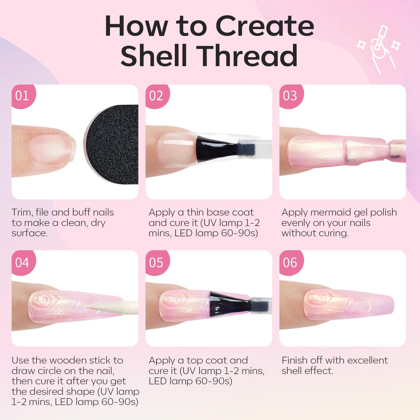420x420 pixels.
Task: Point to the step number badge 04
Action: point(23,262)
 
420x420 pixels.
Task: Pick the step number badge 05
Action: point(157,262)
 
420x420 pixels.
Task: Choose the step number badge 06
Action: point(291,262)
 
